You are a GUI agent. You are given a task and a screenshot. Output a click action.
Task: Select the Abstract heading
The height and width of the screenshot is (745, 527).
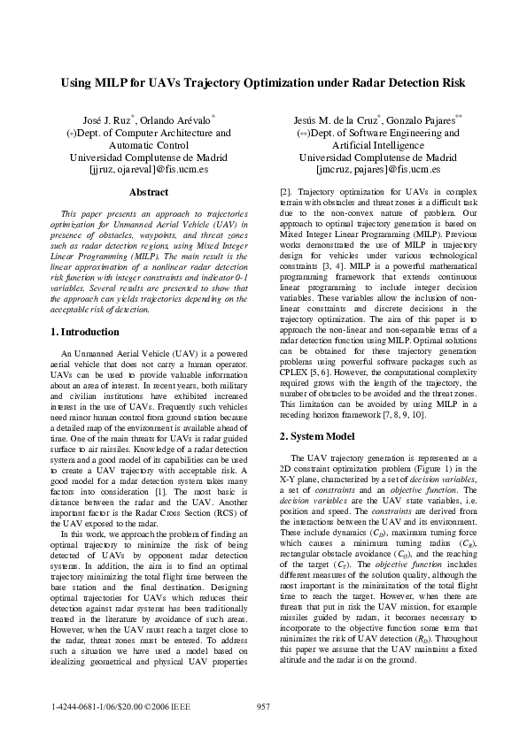tap(149, 191)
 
